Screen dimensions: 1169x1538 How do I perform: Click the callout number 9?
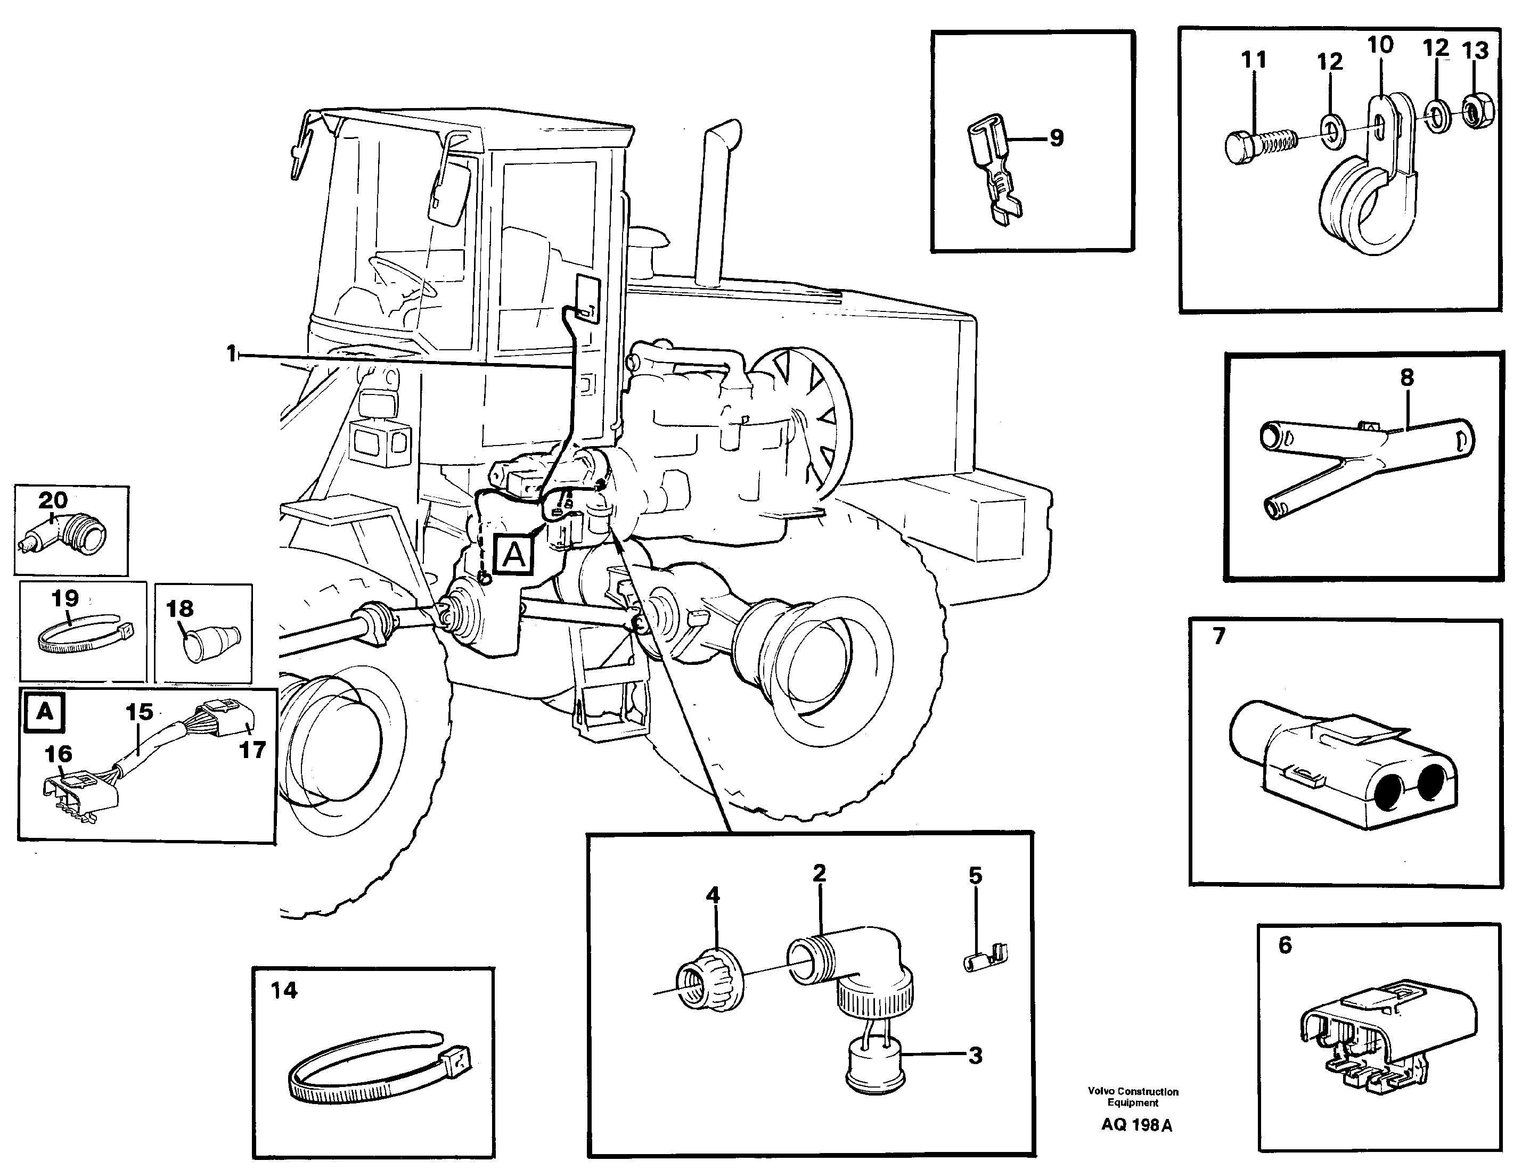coord(1057,138)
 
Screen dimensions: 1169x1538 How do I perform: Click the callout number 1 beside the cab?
coord(232,354)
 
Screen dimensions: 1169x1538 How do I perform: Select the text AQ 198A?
coord(1136,1125)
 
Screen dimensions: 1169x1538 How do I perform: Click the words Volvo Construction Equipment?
coord(1133,1097)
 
